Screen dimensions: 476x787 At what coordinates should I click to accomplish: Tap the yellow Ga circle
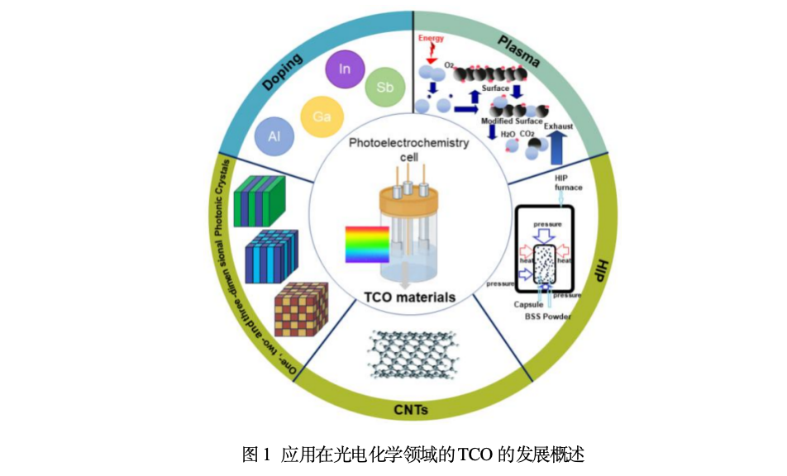[322, 116]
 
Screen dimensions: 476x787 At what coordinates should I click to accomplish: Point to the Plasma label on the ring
[518, 51]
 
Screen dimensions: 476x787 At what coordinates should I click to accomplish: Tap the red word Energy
[431, 38]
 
